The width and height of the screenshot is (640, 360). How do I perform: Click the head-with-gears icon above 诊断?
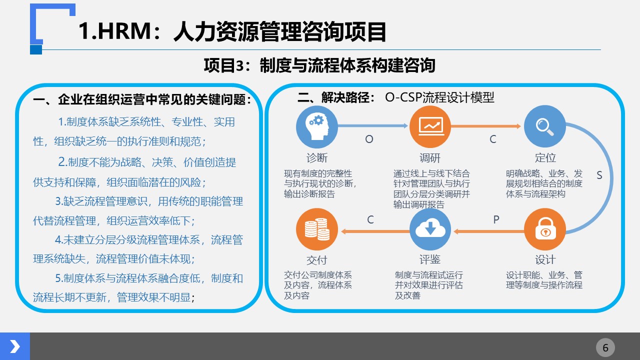(x=317, y=126)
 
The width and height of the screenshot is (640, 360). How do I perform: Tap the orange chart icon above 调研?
(x=430, y=126)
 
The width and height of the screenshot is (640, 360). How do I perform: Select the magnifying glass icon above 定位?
(x=545, y=126)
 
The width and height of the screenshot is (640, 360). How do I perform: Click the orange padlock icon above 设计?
(x=545, y=229)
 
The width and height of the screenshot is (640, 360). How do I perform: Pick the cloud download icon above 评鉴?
(x=430, y=229)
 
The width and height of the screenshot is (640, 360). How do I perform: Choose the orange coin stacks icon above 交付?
(x=317, y=229)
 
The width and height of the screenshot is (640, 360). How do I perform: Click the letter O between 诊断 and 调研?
(x=369, y=139)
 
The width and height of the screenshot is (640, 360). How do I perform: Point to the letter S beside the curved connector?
(x=599, y=175)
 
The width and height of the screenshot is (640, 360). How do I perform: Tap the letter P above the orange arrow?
(x=496, y=219)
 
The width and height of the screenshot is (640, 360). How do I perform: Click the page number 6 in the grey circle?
(x=605, y=347)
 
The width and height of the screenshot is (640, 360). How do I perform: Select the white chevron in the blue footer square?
(x=15, y=346)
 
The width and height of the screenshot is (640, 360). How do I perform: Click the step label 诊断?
(x=317, y=157)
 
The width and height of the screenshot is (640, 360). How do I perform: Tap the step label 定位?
(x=545, y=157)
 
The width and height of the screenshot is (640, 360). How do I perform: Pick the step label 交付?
(x=317, y=260)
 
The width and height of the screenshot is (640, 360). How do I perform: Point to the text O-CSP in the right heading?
(x=403, y=97)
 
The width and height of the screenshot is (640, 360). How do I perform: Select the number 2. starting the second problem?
(x=62, y=161)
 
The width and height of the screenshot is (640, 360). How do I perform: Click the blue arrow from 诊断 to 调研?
(x=373, y=125)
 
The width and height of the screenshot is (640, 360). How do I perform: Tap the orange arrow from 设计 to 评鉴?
(x=489, y=231)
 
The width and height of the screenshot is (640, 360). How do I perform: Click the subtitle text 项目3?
(x=223, y=65)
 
